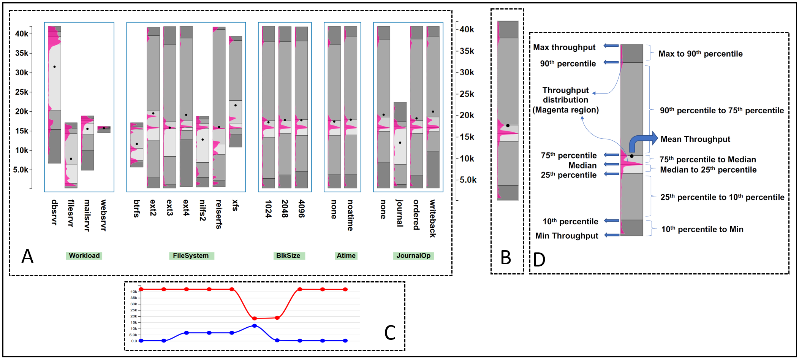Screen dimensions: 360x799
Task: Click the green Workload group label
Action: tap(84, 255)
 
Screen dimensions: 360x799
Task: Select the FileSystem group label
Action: tap(191, 255)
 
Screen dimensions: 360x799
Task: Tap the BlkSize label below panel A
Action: tap(288, 255)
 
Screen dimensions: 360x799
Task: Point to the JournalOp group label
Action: tap(413, 255)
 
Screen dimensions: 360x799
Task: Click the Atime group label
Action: tap(346, 255)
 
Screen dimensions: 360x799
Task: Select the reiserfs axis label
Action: tap(219, 214)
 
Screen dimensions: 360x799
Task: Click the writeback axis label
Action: tap(433, 218)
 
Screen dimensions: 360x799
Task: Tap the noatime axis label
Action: tap(350, 215)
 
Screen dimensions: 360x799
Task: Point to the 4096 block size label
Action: tap(301, 209)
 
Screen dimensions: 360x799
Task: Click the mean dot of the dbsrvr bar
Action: tap(55, 67)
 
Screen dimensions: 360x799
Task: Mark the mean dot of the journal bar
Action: tap(400, 143)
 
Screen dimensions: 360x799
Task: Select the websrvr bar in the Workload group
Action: tap(104, 129)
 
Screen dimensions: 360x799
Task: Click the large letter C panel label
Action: tap(390, 333)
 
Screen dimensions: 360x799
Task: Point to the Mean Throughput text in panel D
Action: tap(695, 139)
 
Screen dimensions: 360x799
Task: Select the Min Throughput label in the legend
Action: tap(566, 236)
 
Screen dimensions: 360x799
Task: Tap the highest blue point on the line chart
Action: tap(255, 326)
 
